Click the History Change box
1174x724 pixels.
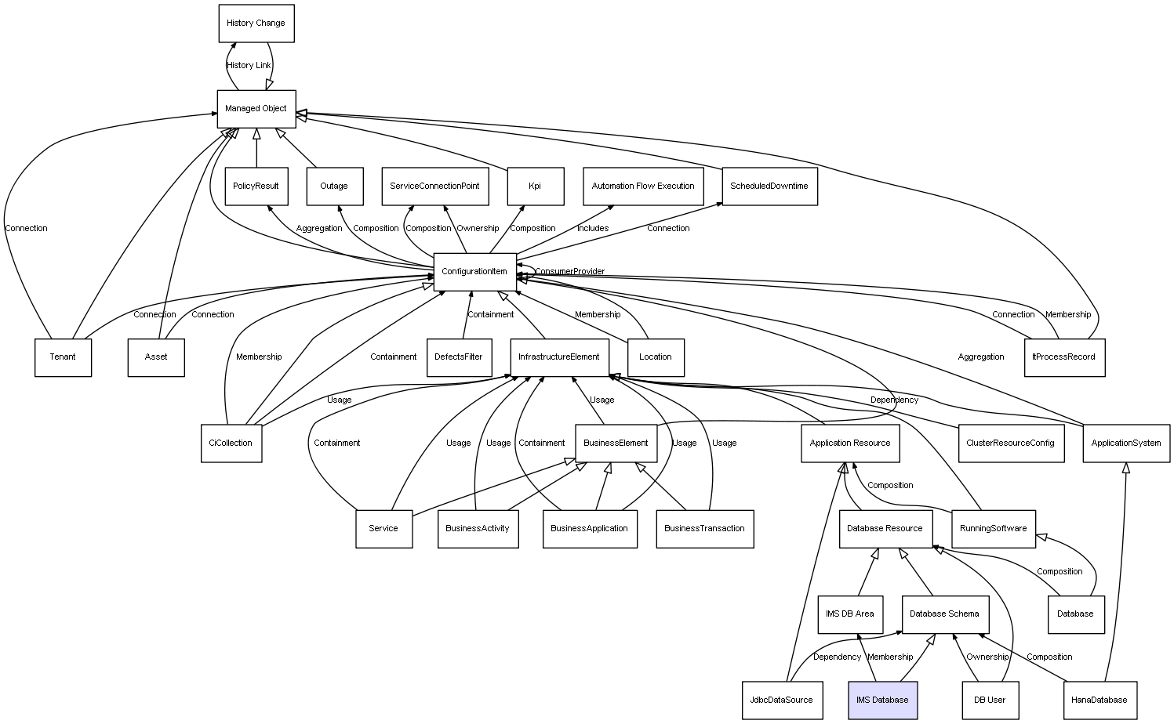point(256,24)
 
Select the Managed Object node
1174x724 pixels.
point(256,108)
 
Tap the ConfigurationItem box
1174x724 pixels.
point(474,271)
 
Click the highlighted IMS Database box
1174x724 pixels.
point(882,700)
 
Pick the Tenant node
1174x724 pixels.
point(63,357)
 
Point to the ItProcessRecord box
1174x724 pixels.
point(1063,357)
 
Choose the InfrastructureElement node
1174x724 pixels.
point(559,357)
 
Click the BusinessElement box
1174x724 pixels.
point(616,443)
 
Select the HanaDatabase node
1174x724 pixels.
point(1099,700)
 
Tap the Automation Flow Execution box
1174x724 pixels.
point(643,186)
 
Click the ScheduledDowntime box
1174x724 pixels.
point(769,186)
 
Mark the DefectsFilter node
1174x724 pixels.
point(459,357)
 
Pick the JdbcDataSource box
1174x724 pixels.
point(781,700)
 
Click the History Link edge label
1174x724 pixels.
point(249,66)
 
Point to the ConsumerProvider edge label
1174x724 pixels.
point(570,272)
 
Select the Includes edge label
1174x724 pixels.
point(593,229)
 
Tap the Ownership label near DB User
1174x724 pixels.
point(987,657)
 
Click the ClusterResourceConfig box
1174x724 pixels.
point(1010,443)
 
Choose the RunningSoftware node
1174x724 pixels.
point(993,528)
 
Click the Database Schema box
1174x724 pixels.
point(944,614)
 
